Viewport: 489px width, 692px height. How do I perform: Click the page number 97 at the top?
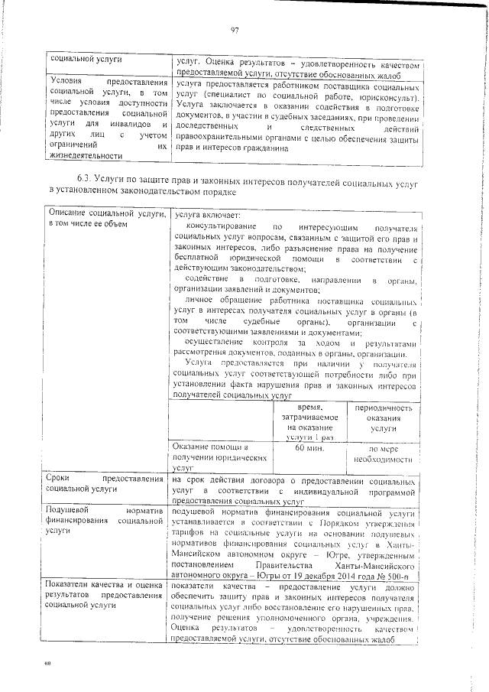pyautogui.click(x=235, y=30)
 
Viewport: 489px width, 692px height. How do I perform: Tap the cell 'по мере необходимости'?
pyautogui.click(x=380, y=454)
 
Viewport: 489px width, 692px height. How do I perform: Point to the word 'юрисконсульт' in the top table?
pyautogui.click(x=391, y=99)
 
